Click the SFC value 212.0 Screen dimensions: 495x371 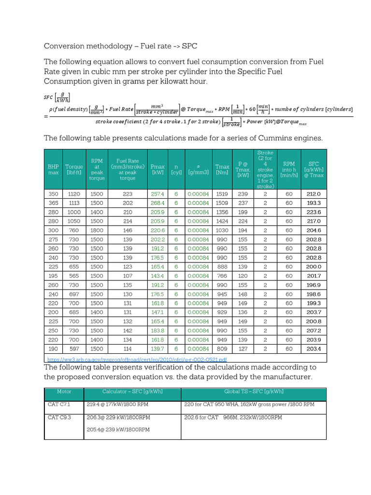(x=314, y=194)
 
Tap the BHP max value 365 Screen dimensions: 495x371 (x=53, y=203)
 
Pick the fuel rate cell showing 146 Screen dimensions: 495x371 (x=128, y=231)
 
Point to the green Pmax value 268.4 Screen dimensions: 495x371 (x=157, y=203)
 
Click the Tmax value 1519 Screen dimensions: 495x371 (x=222, y=194)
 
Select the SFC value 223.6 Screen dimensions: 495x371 (x=314, y=212)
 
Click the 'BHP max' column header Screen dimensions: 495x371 (x=53, y=169)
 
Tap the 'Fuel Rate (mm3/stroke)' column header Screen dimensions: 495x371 (x=128, y=169)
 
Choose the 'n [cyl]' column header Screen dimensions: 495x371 (x=176, y=169)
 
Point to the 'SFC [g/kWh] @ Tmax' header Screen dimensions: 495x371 (x=314, y=169)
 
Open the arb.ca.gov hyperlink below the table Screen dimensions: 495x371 (x=137, y=360)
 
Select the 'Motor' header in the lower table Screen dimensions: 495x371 (x=64, y=392)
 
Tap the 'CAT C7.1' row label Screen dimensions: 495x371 (x=59, y=404)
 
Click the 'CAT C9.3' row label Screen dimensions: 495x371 (x=59, y=417)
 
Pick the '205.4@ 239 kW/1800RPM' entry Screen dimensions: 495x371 (x=118, y=429)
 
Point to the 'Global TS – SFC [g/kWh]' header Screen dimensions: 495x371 (x=254, y=392)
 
